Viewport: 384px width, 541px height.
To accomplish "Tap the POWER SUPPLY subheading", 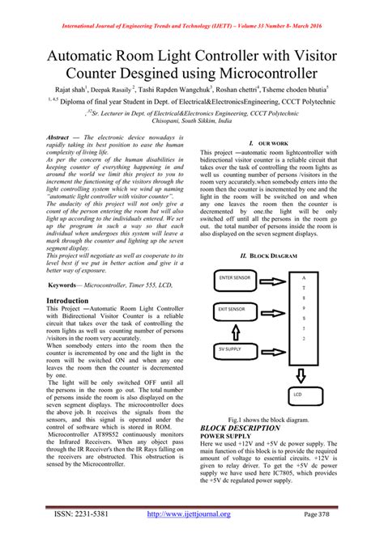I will pyautogui.click(x=228, y=436).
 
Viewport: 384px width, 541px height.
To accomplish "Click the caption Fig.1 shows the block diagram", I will pyautogui.click(x=268, y=420).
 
